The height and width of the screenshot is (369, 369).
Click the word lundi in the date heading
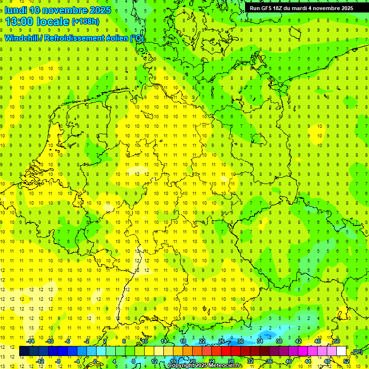point(15,10)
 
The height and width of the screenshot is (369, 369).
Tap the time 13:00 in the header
point(20,22)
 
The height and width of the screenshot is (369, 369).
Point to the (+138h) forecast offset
point(86,22)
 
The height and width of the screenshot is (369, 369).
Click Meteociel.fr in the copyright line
point(225,366)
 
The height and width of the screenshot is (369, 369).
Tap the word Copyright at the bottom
point(181,366)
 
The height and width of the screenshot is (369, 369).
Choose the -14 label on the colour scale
point(31,341)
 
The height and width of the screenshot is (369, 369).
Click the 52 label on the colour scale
point(346,361)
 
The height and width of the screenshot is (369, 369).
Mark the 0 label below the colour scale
point(95,361)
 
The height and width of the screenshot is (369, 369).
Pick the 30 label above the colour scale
point(240,341)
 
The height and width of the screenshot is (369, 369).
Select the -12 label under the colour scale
point(40,361)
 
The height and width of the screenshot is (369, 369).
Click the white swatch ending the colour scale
point(342,351)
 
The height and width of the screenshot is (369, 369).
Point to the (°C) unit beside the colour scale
point(357,352)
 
